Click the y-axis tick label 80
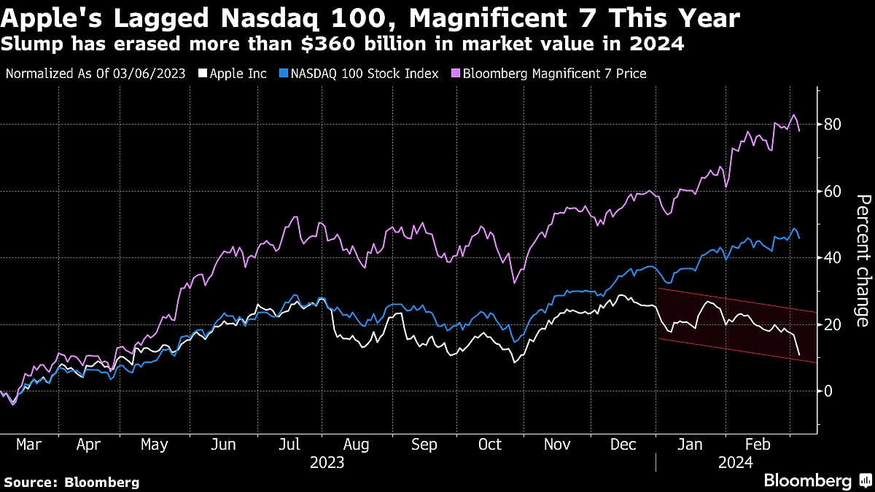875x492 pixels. point(834,125)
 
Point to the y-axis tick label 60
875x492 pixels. point(834,192)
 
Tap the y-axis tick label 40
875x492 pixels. point(834,258)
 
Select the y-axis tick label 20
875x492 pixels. point(834,324)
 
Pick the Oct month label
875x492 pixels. point(490,445)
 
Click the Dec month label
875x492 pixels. point(623,445)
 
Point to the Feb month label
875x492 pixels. point(758,445)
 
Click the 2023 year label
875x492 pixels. point(327,462)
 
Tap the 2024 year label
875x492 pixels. point(737,462)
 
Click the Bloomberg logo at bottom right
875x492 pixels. point(816,480)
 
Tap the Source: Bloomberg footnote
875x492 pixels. point(71,482)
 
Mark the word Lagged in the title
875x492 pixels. point(142,17)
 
